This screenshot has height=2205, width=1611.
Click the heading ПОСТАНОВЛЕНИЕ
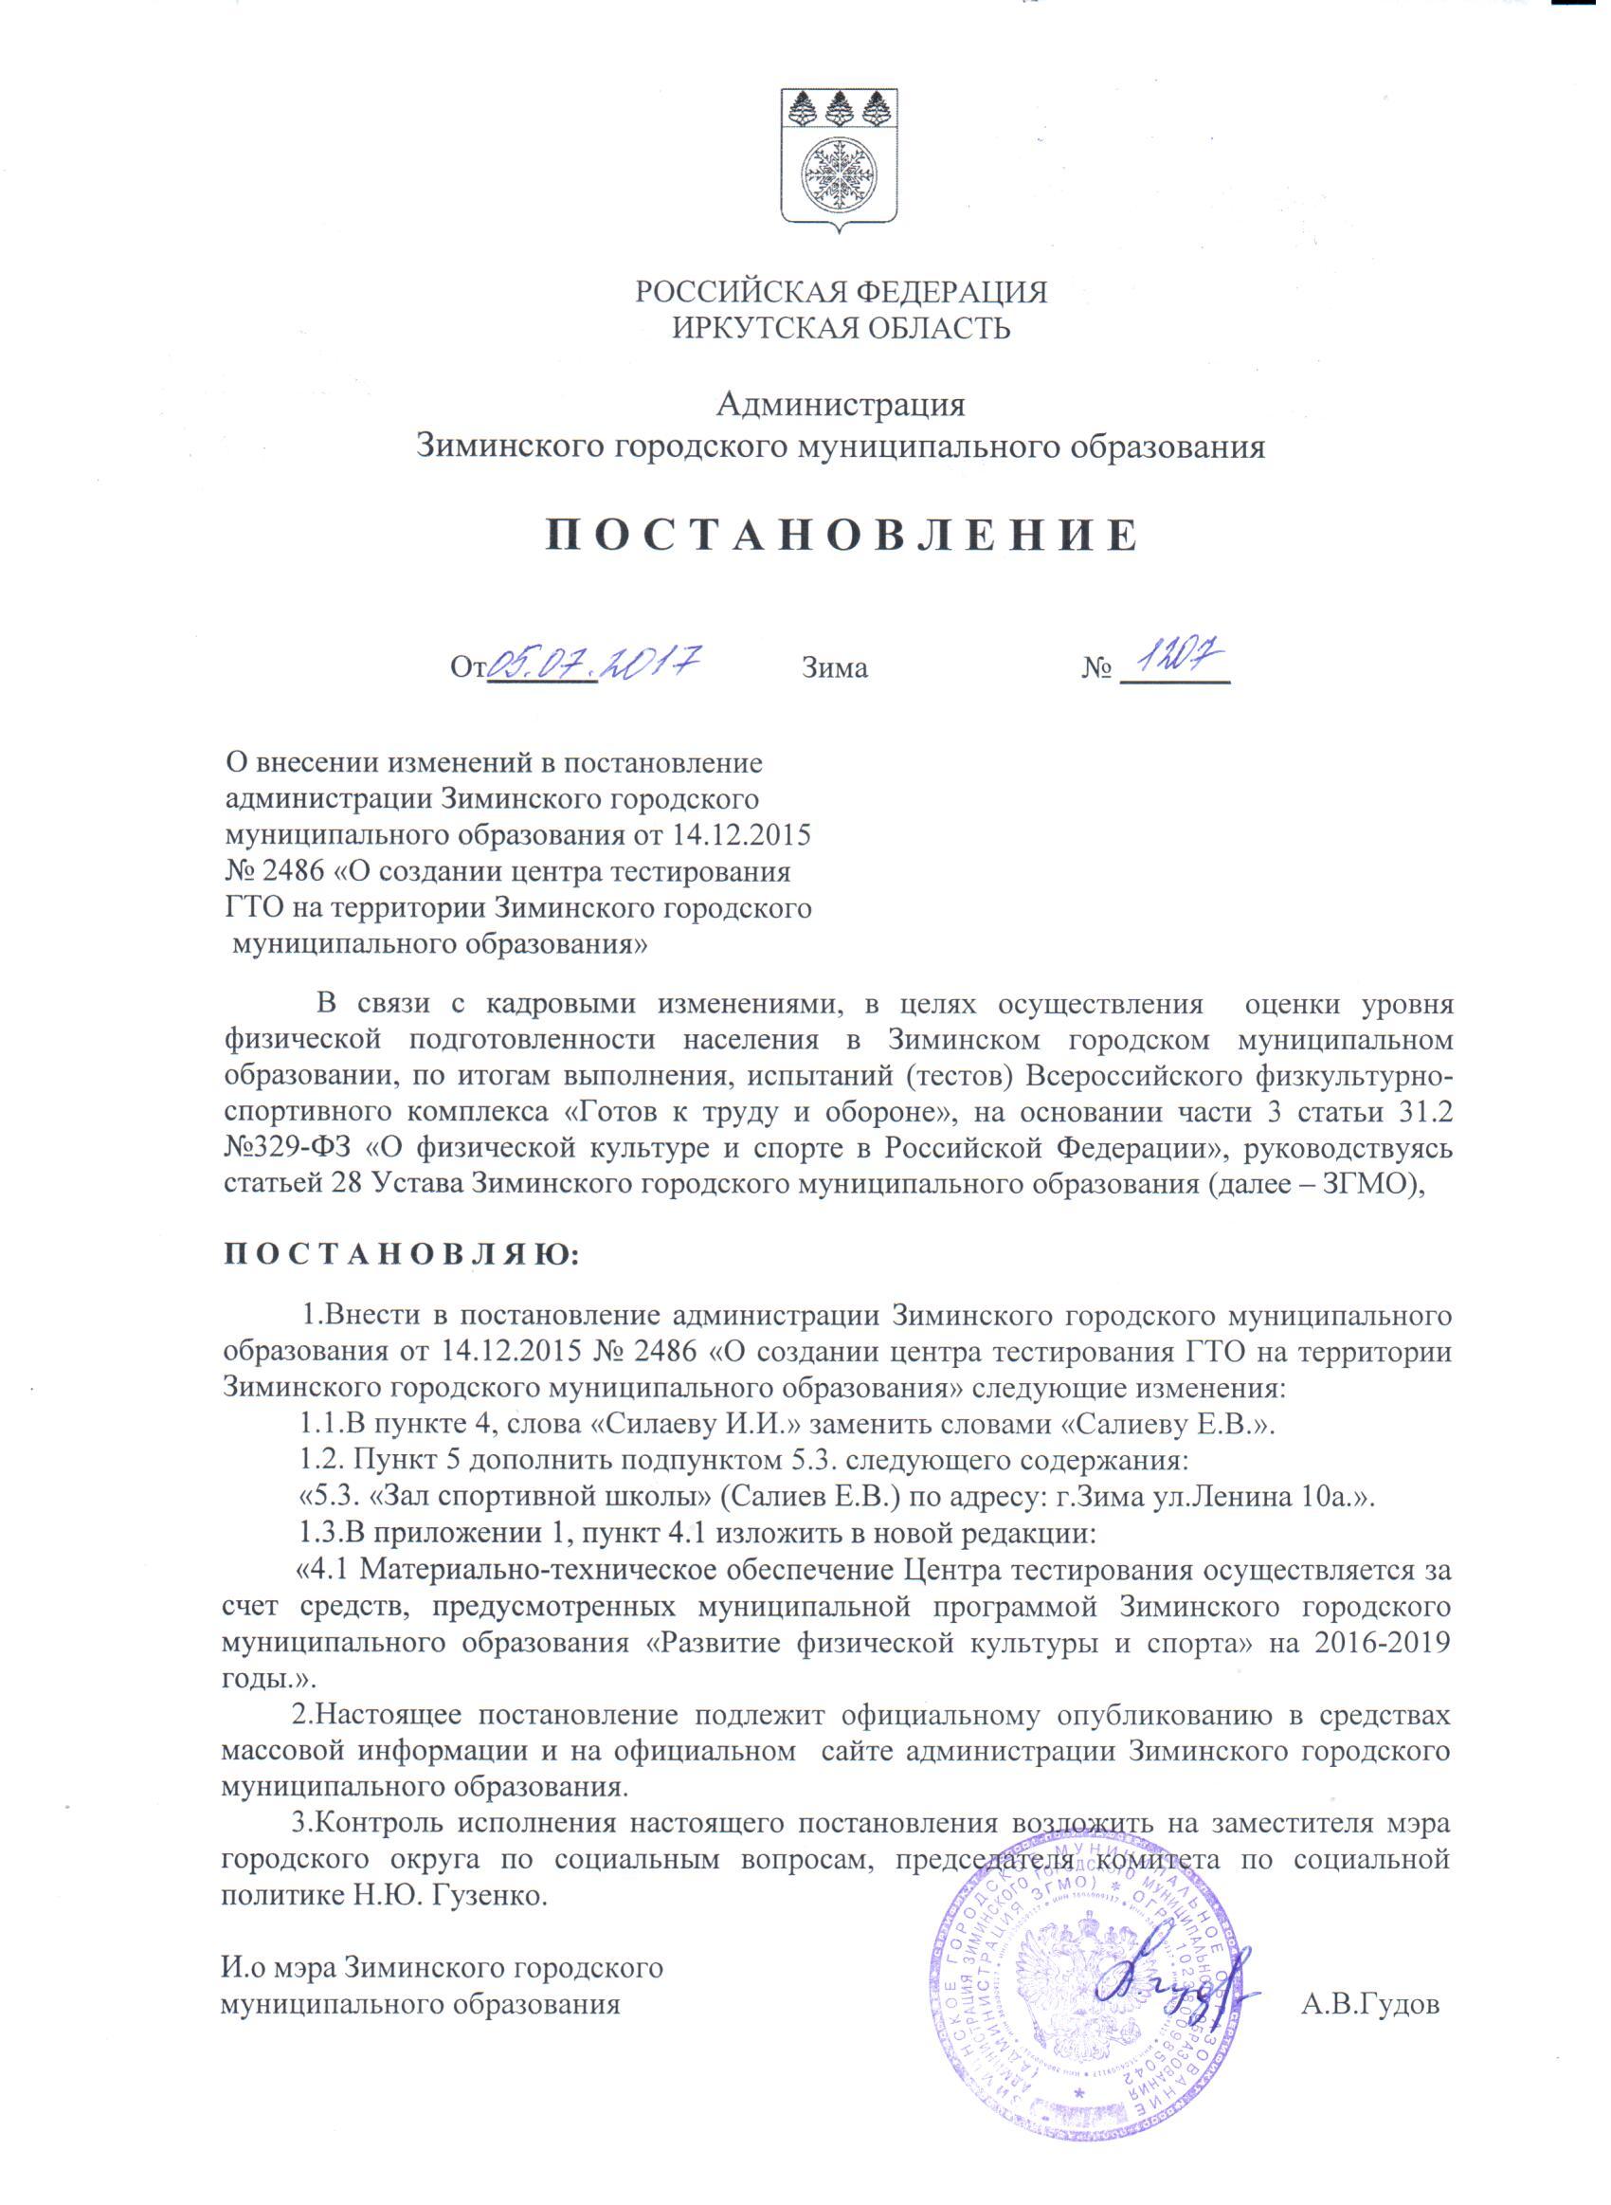coord(840,536)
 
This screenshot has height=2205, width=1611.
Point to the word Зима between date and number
coord(835,669)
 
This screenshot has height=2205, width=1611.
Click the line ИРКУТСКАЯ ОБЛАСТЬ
coord(841,328)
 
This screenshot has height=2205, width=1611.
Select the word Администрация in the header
coord(841,403)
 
